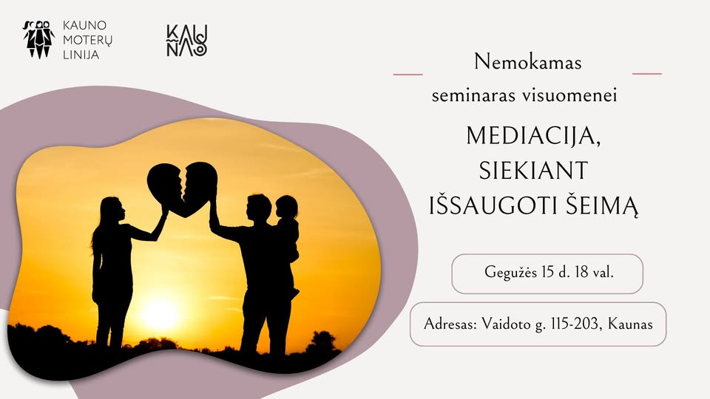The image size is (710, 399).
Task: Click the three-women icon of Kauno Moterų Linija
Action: pyautogui.click(x=39, y=39)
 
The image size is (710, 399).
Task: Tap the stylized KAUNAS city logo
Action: pyautogui.click(x=187, y=41)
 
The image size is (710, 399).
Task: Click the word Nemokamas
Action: pyautogui.click(x=527, y=62)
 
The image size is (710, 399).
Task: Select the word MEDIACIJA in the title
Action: pyautogui.click(x=533, y=135)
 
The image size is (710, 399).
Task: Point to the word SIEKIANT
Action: pyautogui.click(x=533, y=171)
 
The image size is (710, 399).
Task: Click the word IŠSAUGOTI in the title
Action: pyautogui.click(x=493, y=206)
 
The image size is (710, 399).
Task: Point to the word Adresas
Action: pyautogui.click(x=450, y=324)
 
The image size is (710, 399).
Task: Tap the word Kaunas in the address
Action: pyautogui.click(x=630, y=324)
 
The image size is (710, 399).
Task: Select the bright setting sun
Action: pyautogui.click(x=160, y=314)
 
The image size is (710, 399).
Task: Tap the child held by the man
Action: pyautogui.click(x=287, y=228)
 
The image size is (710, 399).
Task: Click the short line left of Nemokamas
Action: pyautogui.click(x=408, y=74)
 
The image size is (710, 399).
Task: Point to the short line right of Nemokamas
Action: pyautogui.click(x=646, y=73)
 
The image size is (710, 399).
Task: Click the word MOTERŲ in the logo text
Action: pyautogui.click(x=87, y=40)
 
